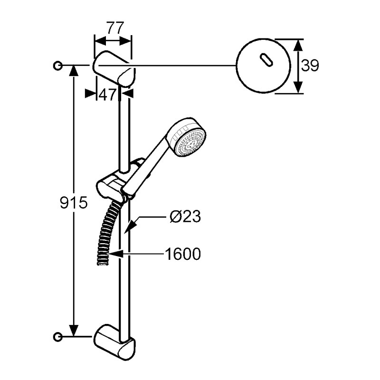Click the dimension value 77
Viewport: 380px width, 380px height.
click(113, 28)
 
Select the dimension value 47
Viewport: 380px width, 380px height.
click(107, 94)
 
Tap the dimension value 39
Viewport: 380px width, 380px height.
click(310, 66)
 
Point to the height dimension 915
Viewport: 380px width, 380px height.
click(74, 203)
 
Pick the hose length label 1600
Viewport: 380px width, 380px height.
click(183, 254)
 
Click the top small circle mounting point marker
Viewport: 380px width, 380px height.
click(58, 66)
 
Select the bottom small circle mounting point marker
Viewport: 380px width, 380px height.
click(58, 337)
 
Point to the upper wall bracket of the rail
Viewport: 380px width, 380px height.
click(114, 69)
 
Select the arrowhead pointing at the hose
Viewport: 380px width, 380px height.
click(114, 255)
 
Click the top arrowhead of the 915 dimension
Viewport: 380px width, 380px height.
click(74, 70)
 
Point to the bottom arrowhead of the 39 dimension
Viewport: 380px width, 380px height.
click(298, 88)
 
